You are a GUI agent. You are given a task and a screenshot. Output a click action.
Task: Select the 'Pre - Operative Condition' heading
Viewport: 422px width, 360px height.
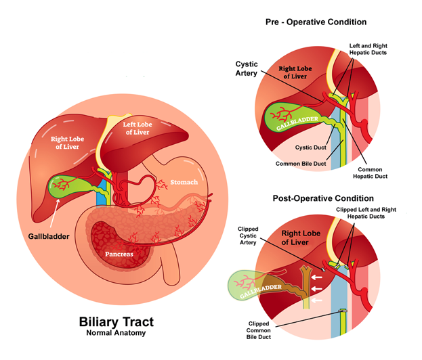pos(316,22)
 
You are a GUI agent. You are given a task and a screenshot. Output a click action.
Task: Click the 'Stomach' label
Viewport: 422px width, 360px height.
pos(184,182)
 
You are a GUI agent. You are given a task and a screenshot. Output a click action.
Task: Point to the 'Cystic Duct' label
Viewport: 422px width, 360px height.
pos(311,148)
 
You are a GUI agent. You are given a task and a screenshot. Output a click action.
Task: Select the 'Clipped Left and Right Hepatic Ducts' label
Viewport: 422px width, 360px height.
pos(366,214)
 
